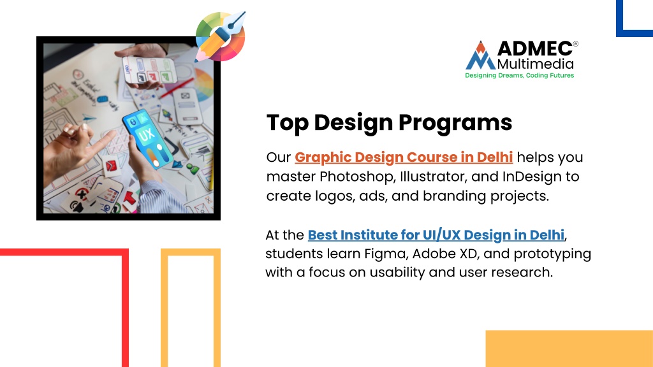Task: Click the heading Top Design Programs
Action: (x=389, y=123)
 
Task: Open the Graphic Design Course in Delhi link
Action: (x=404, y=157)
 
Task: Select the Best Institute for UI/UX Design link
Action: (x=436, y=235)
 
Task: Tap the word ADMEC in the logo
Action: (x=535, y=48)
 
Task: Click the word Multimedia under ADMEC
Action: (x=536, y=64)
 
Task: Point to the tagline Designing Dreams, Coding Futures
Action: (x=519, y=75)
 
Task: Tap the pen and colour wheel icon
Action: (x=220, y=36)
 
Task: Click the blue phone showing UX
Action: (x=148, y=138)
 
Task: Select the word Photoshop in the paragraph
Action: (x=356, y=177)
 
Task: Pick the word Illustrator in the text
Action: (x=433, y=176)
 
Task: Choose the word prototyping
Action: (x=552, y=254)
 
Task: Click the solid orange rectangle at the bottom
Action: (x=569, y=349)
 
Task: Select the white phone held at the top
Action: (x=149, y=69)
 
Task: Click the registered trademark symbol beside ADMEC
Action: (x=576, y=44)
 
